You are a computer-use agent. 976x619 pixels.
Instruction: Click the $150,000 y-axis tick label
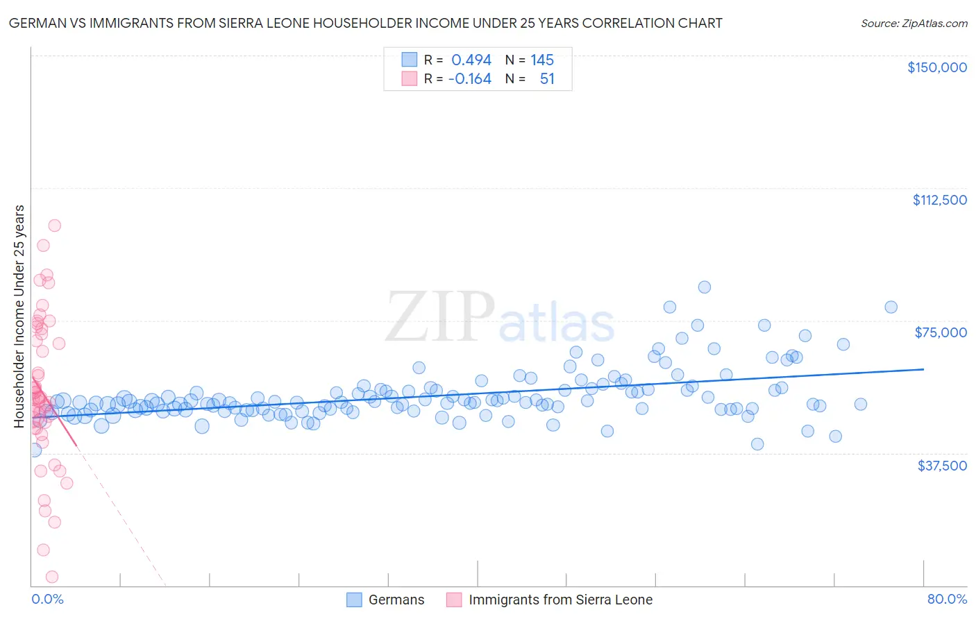tap(936, 67)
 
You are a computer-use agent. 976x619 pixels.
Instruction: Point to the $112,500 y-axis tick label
tap(939, 200)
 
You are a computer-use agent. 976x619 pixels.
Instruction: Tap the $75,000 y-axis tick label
tap(941, 332)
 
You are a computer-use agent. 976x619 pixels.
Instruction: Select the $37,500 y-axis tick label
tap(941, 466)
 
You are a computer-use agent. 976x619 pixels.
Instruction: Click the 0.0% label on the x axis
tap(47, 599)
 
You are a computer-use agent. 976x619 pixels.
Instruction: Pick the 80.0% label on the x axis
tap(947, 599)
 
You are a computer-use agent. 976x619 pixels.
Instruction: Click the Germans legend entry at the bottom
tap(396, 600)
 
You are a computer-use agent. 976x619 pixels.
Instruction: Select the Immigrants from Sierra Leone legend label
tap(560, 600)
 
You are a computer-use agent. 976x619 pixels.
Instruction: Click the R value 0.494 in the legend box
tap(471, 60)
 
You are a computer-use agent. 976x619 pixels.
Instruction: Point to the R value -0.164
tap(470, 79)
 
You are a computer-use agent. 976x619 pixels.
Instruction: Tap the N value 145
tap(542, 60)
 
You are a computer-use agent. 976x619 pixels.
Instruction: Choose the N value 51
tap(547, 79)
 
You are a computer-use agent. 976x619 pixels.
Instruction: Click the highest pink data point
tap(54, 226)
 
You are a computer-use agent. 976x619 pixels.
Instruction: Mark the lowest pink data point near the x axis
tap(51, 577)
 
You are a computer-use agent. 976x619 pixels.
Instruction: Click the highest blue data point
tap(704, 287)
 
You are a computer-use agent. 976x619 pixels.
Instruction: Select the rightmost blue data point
tap(891, 307)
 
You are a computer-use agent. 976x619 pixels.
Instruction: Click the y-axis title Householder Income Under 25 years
tap(19, 316)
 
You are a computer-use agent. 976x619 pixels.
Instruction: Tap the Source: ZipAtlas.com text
tap(914, 24)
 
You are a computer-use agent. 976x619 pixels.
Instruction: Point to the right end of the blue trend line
tap(923, 369)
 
